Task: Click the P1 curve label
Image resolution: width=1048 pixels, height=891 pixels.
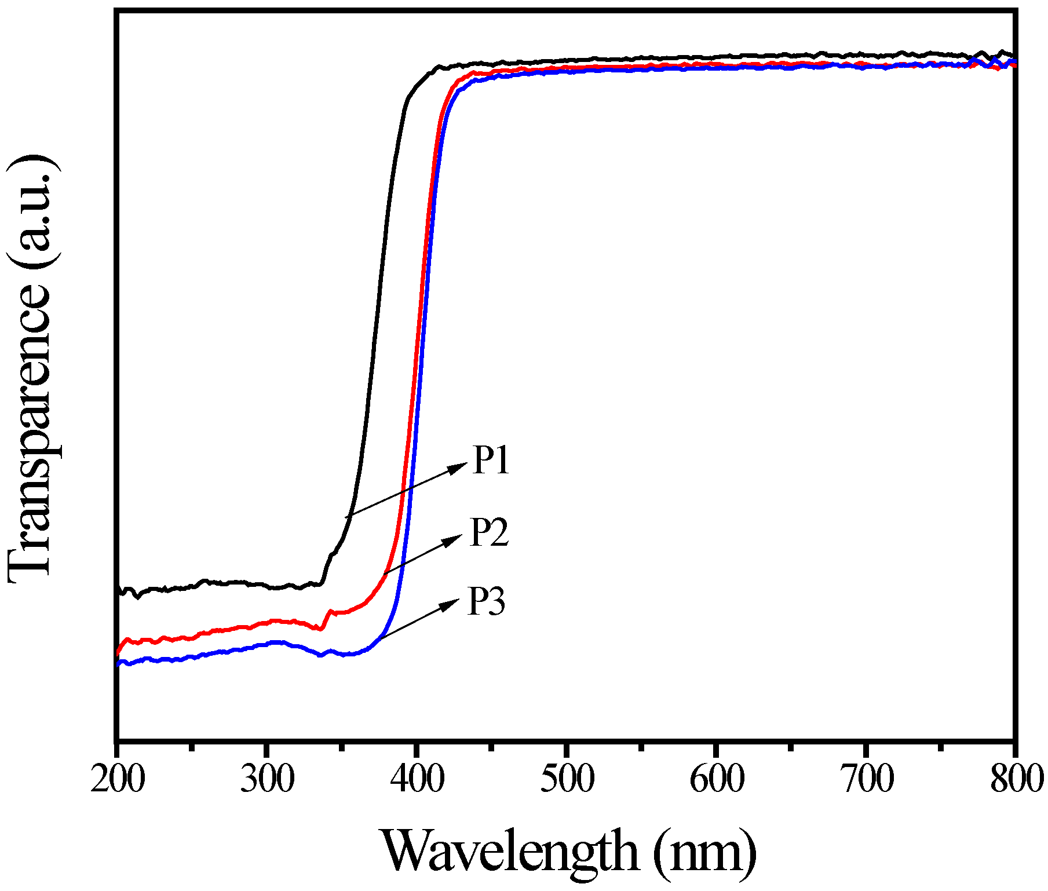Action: [491, 461]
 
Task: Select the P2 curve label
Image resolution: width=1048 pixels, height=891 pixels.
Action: [489, 532]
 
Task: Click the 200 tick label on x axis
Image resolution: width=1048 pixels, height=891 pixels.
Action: [118, 779]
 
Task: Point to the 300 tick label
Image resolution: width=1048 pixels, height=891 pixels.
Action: [267, 779]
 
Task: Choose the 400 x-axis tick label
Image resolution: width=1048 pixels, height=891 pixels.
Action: [417, 779]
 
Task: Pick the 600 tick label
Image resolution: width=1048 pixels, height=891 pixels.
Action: [717, 779]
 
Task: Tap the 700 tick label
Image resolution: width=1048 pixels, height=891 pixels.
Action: [867, 779]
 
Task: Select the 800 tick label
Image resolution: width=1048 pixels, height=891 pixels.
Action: [1016, 779]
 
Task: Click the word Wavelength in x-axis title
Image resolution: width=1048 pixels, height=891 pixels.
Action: [509, 851]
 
